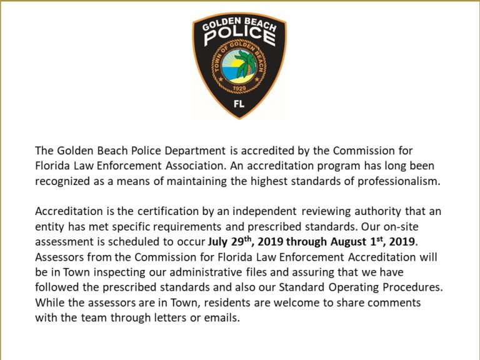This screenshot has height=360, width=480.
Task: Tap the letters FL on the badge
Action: coord(239,105)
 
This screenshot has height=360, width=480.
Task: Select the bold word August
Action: coord(356,241)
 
